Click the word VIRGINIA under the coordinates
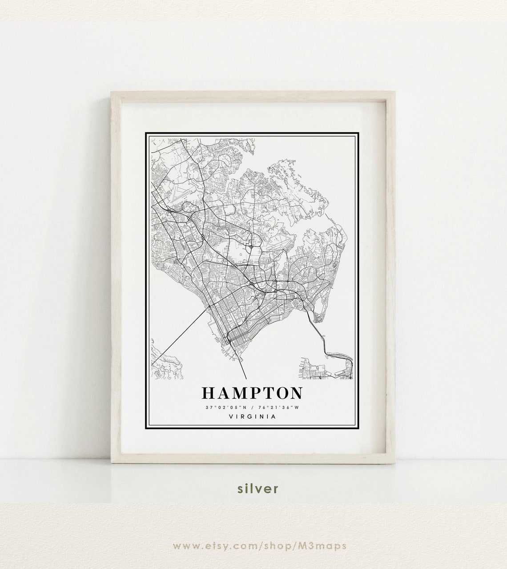click(x=252, y=416)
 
